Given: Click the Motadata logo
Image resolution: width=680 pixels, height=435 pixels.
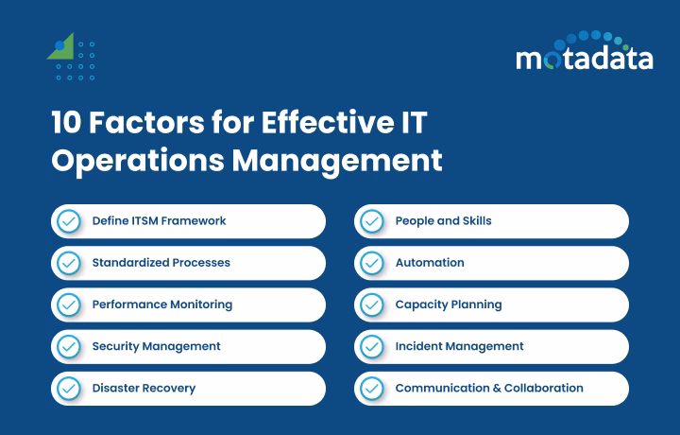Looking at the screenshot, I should (x=584, y=56).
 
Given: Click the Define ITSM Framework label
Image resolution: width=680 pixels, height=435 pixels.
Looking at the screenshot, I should (x=159, y=221).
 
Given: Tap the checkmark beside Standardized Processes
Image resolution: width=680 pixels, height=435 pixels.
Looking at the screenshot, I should (x=69, y=263).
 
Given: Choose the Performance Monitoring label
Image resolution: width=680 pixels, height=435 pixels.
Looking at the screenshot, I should (x=161, y=304).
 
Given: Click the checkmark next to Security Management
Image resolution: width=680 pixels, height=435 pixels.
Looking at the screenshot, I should (x=69, y=346).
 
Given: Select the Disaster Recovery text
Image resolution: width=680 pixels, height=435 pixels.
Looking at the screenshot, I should (x=144, y=388).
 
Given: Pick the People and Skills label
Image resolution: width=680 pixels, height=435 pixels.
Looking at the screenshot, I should (x=443, y=221).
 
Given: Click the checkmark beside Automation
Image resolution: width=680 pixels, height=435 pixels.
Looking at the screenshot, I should (x=372, y=263).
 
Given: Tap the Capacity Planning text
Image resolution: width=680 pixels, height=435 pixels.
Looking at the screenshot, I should (x=448, y=304).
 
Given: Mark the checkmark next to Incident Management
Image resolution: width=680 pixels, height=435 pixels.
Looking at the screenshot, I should (x=372, y=346).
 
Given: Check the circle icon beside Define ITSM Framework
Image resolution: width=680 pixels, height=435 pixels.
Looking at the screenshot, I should (x=69, y=221).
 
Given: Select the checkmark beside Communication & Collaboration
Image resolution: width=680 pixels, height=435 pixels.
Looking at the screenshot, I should (x=372, y=388).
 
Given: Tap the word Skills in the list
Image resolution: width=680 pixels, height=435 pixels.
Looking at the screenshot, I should (x=476, y=221).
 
